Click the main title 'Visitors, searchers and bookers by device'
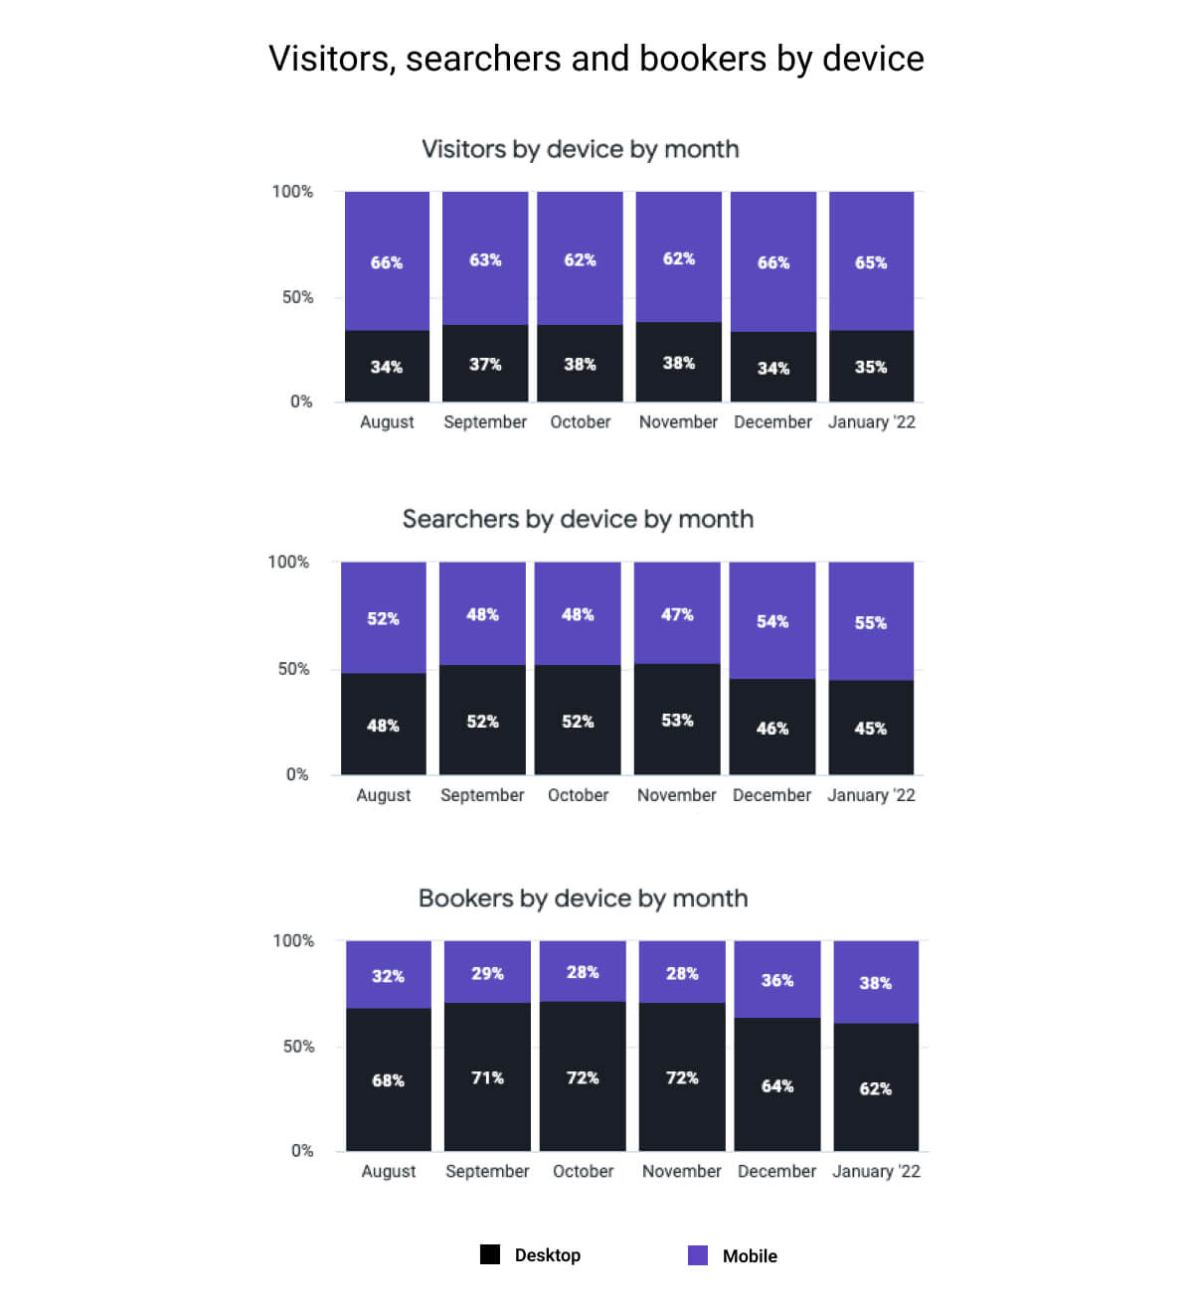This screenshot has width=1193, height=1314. (596, 59)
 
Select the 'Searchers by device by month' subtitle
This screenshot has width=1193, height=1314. (578, 519)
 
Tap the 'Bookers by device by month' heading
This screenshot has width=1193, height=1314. (583, 899)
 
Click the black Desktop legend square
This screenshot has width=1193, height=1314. (490, 1254)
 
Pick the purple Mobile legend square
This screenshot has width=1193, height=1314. (698, 1255)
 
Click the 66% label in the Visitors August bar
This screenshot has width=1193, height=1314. (387, 262)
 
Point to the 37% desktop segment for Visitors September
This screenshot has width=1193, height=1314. (485, 364)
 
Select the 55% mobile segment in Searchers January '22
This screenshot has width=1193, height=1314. (871, 622)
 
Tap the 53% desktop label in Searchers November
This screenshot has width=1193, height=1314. (677, 720)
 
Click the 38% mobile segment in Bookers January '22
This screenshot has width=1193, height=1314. (876, 982)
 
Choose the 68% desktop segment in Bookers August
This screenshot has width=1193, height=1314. (389, 1079)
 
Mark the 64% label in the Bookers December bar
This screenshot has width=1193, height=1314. (777, 1085)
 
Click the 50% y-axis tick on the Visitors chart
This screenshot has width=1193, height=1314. (297, 297)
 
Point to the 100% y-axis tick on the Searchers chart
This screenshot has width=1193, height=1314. (288, 562)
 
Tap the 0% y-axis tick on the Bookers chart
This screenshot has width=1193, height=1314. (302, 1150)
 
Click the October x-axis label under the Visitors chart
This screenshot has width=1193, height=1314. (581, 421)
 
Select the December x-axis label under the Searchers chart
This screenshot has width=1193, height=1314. (771, 795)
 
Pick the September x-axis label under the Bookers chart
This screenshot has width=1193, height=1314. (487, 1171)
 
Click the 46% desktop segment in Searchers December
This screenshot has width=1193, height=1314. (772, 728)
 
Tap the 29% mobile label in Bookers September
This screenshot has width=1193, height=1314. (487, 973)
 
